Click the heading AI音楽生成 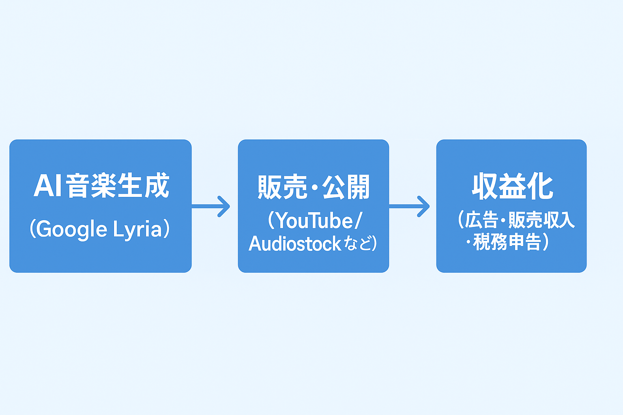pyautogui.click(x=101, y=186)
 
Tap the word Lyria pyautogui.click(x=137, y=229)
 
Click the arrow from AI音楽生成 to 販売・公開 pyautogui.click(x=211, y=206)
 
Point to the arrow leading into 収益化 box pyautogui.click(x=410, y=206)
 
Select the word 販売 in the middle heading pyautogui.click(x=282, y=187)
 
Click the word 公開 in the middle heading pyautogui.click(x=346, y=187)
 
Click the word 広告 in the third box pyautogui.click(x=481, y=220)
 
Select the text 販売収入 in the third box pyautogui.click(x=542, y=220)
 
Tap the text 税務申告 pyautogui.click(x=507, y=242)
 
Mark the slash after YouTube pyautogui.click(x=358, y=221)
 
